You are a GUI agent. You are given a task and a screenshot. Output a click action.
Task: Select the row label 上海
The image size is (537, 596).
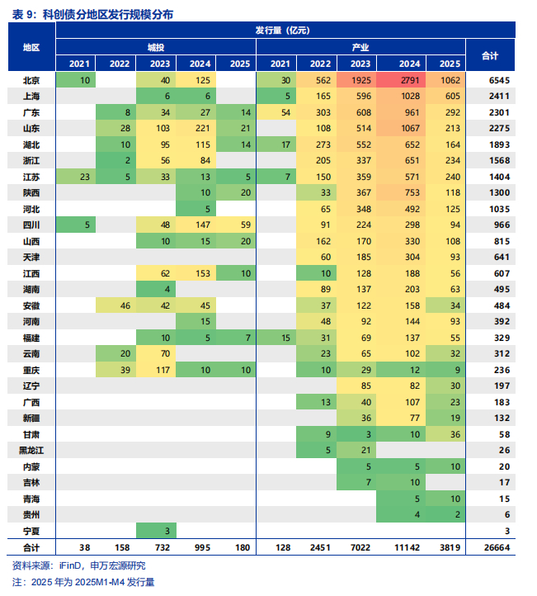[x=31, y=96]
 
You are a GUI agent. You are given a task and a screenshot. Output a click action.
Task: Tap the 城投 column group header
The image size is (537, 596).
[x=156, y=47]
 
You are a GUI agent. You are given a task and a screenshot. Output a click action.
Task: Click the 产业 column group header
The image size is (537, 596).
[x=360, y=47]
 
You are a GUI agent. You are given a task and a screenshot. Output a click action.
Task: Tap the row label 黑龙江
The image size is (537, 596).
[x=31, y=450]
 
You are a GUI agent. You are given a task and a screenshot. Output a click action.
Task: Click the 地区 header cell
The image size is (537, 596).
[x=31, y=47]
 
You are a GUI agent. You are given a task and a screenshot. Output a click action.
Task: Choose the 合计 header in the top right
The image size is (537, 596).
[x=490, y=54]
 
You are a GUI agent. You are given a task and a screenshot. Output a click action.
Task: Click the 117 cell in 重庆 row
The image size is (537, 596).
[x=160, y=370]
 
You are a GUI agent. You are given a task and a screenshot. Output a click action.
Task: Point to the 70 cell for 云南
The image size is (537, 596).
[x=160, y=353]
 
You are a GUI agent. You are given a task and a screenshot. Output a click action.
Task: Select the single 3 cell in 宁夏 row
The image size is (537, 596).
[x=160, y=530]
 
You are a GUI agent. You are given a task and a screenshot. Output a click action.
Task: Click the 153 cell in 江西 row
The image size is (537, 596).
[x=200, y=273]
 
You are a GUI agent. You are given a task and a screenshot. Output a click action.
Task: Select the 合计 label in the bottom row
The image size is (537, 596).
[x=31, y=546]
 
